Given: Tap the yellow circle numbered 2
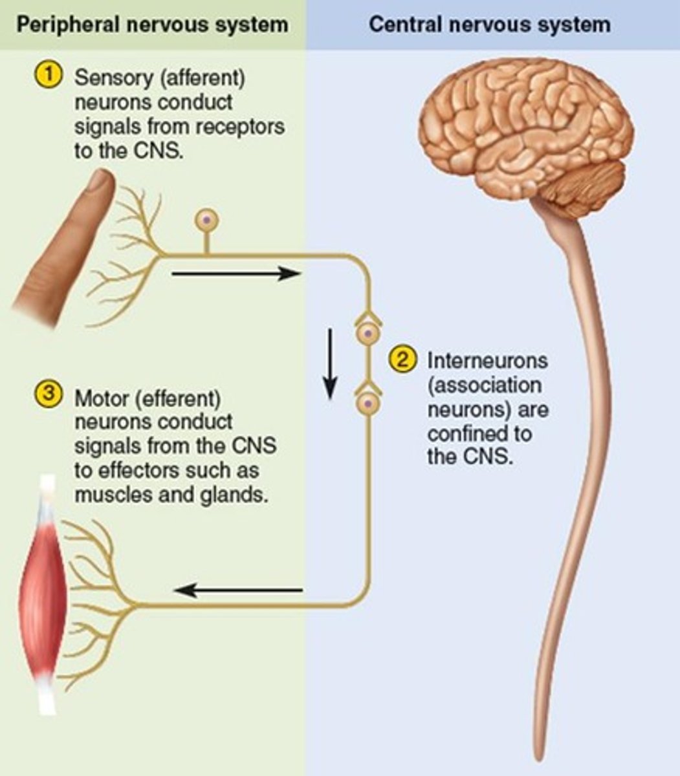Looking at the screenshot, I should click(401, 360).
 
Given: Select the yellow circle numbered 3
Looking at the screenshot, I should click(49, 394).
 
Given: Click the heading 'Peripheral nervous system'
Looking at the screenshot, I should click(152, 25).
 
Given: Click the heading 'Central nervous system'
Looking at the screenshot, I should click(489, 25).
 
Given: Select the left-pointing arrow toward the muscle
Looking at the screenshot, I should click(239, 590).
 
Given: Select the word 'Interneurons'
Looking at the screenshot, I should click(487, 360).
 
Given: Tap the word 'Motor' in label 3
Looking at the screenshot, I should click(102, 396).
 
